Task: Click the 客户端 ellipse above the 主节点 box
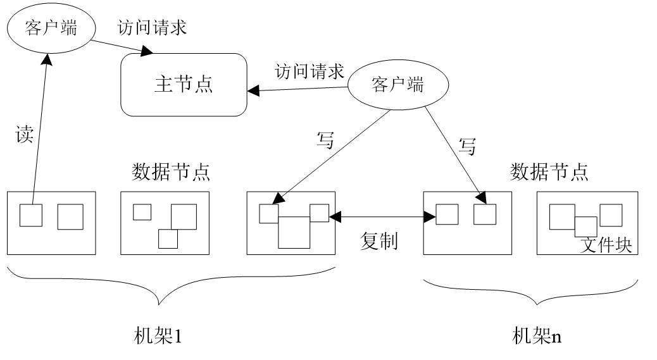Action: [51, 28]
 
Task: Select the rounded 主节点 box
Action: [184, 85]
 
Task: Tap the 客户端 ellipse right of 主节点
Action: [398, 85]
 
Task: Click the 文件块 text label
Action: [606, 245]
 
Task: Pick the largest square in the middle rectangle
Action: [294, 233]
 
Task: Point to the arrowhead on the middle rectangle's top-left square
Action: [277, 199]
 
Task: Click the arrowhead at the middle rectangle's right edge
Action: [332, 216]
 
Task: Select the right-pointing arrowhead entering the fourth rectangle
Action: [430, 217]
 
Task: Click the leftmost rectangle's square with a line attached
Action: [31, 215]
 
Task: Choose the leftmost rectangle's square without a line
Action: [70, 217]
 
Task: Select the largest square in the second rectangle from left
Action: [184, 217]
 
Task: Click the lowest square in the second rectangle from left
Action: [168, 239]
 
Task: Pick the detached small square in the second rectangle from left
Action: [142, 212]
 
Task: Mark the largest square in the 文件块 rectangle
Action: [562, 216]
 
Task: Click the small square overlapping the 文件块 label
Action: [585, 227]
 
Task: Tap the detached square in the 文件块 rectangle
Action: [611, 215]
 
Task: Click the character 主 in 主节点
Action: [163, 84]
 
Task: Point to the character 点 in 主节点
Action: [203, 84]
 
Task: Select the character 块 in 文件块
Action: [623, 245]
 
